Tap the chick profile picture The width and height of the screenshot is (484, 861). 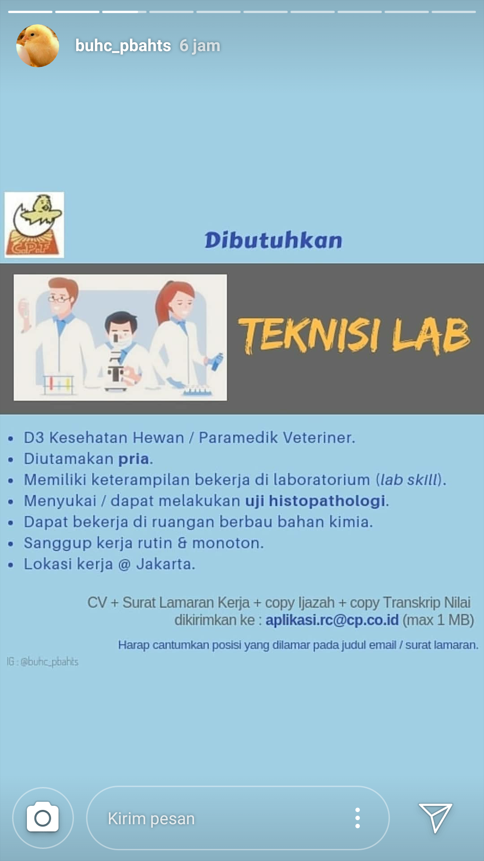pyautogui.click(x=38, y=46)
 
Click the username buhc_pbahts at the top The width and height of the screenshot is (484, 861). pyautogui.click(x=123, y=46)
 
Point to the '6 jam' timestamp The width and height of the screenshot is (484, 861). pyautogui.click(x=200, y=46)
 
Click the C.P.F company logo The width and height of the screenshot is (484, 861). pyautogui.click(x=34, y=225)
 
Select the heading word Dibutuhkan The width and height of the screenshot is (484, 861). pyautogui.click(x=273, y=240)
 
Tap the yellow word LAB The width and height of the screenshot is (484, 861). pyautogui.click(x=431, y=335)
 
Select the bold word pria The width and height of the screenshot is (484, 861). pyautogui.click(x=134, y=459)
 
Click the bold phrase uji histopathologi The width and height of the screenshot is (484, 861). pyautogui.click(x=315, y=501)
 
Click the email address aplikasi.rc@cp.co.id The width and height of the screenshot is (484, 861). pyautogui.click(x=332, y=620)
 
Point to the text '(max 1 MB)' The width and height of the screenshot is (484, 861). pyautogui.click(x=438, y=620)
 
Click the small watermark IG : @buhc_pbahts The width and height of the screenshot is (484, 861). pyautogui.click(x=43, y=661)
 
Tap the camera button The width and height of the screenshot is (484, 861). pyautogui.click(x=43, y=818)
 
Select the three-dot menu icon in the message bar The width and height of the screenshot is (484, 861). pyautogui.click(x=357, y=818)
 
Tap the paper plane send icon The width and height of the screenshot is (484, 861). pyautogui.click(x=435, y=817)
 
